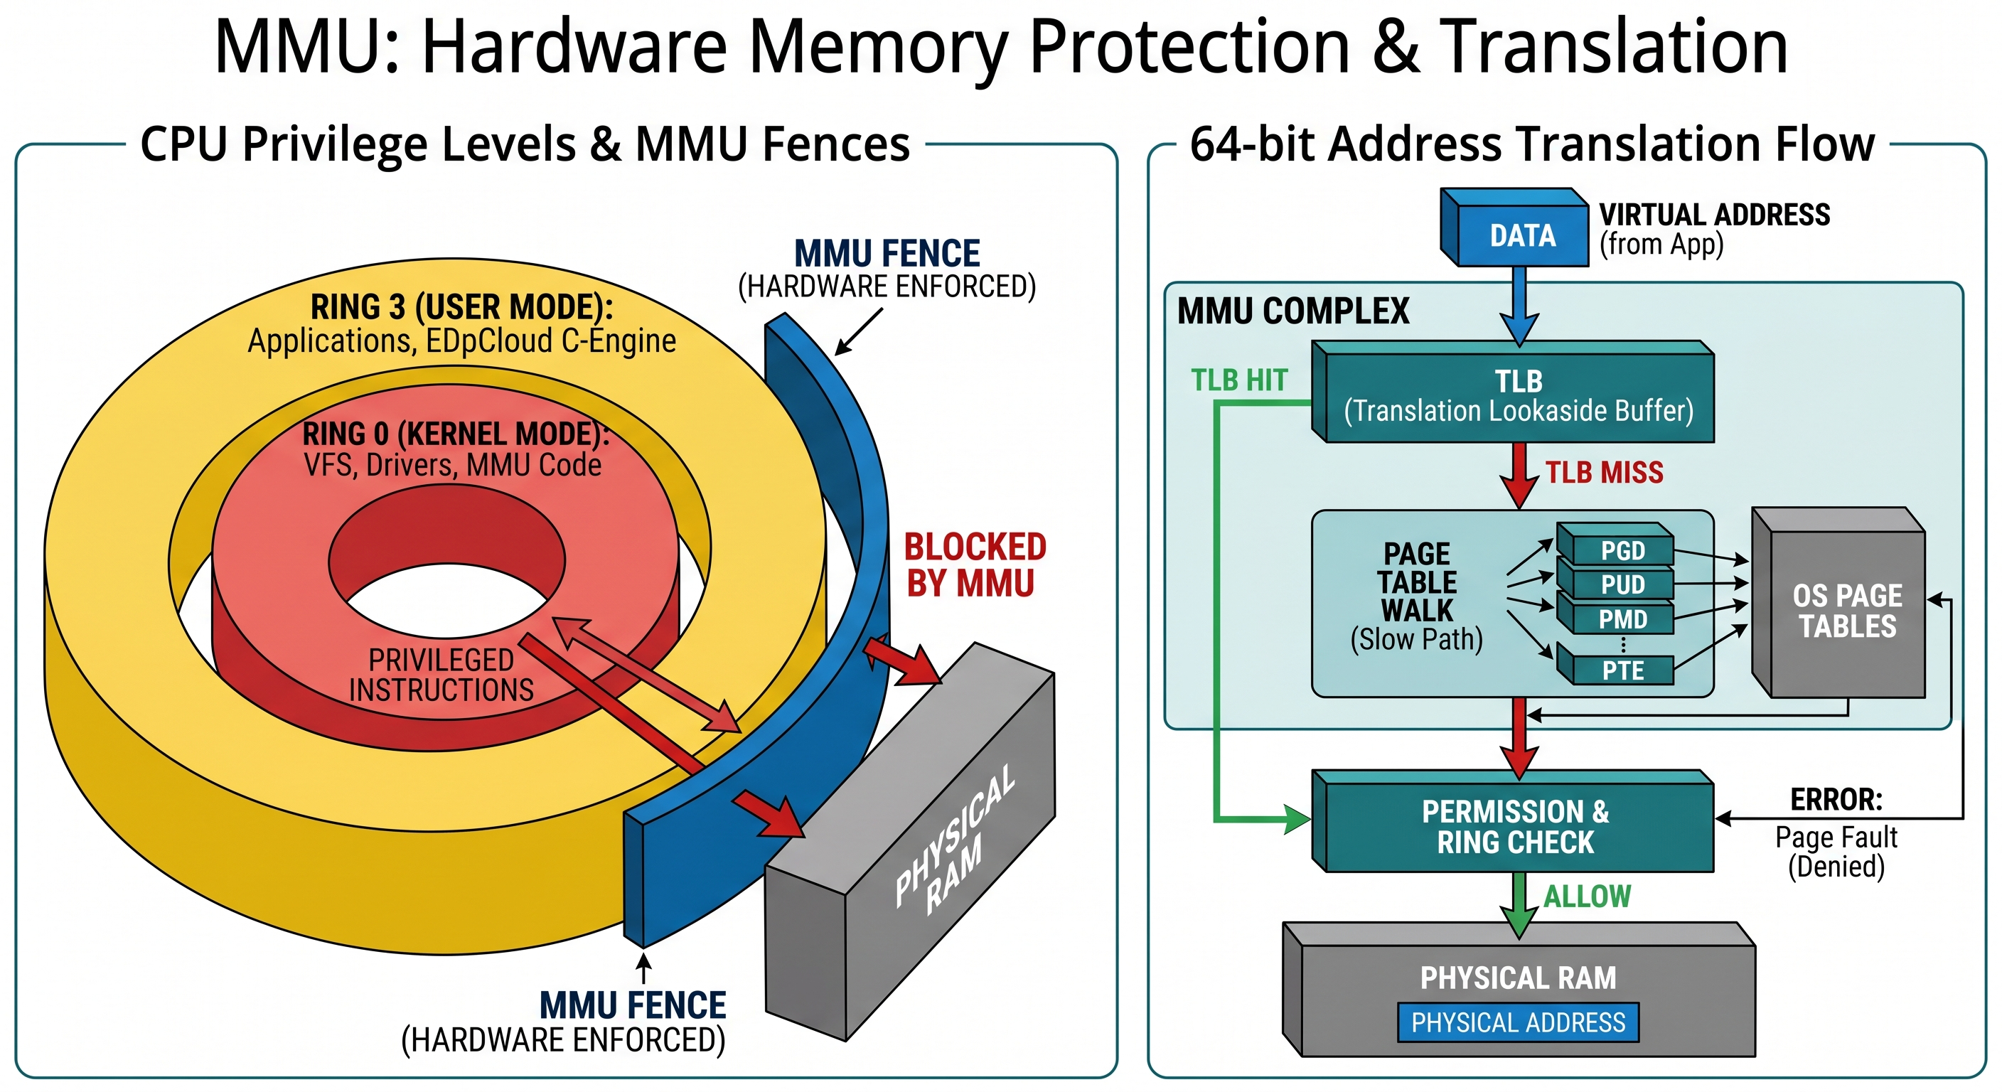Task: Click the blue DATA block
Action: coord(1521,235)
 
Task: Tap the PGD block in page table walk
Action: coord(1622,550)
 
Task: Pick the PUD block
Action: coord(1622,584)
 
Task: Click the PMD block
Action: coord(1622,619)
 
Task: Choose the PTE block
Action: coord(1622,670)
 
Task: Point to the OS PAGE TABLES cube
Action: coord(1846,611)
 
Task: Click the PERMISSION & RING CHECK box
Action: coord(1516,827)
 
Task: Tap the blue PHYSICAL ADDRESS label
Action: coord(1517,1022)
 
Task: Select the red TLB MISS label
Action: coord(1603,473)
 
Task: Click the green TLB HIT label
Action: coord(1239,380)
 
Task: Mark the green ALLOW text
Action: coord(1586,896)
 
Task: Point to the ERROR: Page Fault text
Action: coord(1836,832)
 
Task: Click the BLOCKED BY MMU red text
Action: coord(974,565)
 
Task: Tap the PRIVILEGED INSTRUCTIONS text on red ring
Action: coord(441,675)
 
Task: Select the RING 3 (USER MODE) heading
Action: coord(461,307)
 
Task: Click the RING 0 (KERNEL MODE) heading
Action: coord(456,434)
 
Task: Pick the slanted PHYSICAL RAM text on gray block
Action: coord(954,839)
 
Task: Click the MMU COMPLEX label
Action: coord(1292,311)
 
